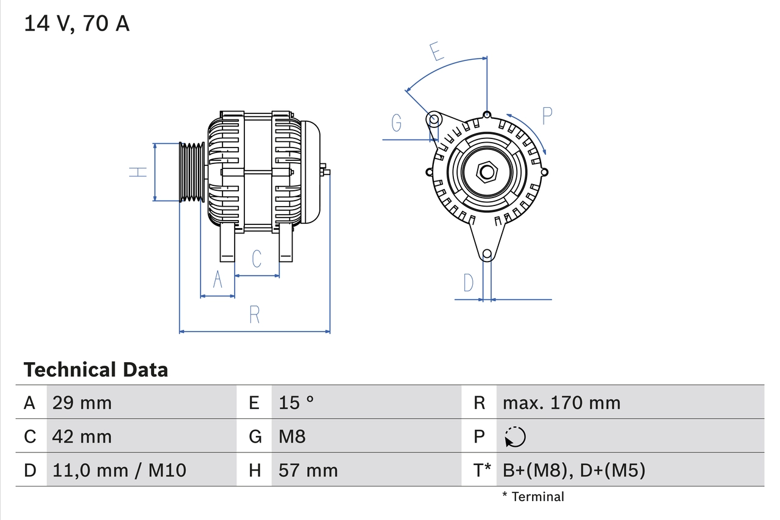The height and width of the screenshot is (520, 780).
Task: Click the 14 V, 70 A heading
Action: (x=76, y=24)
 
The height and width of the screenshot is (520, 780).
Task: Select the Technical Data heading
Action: (x=95, y=370)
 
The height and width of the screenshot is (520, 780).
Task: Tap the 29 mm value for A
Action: (x=82, y=402)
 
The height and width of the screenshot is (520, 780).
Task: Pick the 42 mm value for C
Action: (x=82, y=436)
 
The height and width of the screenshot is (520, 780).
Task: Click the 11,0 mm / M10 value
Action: (x=119, y=471)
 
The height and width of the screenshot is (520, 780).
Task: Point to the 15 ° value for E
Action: (x=297, y=402)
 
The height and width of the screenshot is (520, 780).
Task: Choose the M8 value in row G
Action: (x=292, y=436)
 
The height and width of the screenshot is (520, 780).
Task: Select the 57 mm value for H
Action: (x=308, y=471)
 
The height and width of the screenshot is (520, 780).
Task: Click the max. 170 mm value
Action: (x=561, y=402)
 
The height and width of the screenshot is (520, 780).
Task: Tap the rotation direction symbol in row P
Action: (x=515, y=436)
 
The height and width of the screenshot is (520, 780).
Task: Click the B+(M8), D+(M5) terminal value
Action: (x=573, y=471)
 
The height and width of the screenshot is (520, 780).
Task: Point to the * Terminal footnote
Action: (x=533, y=497)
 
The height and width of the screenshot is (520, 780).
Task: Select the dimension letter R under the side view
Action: (x=255, y=315)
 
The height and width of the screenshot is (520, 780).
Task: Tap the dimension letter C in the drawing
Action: (x=257, y=258)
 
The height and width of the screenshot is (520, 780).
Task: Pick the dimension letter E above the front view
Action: (x=436, y=52)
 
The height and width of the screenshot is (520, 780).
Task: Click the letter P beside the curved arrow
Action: (x=547, y=115)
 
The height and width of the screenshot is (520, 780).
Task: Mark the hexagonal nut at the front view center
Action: (x=486, y=171)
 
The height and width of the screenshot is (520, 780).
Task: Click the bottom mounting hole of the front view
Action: (x=486, y=254)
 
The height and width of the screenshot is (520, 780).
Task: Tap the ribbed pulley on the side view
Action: (x=192, y=172)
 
